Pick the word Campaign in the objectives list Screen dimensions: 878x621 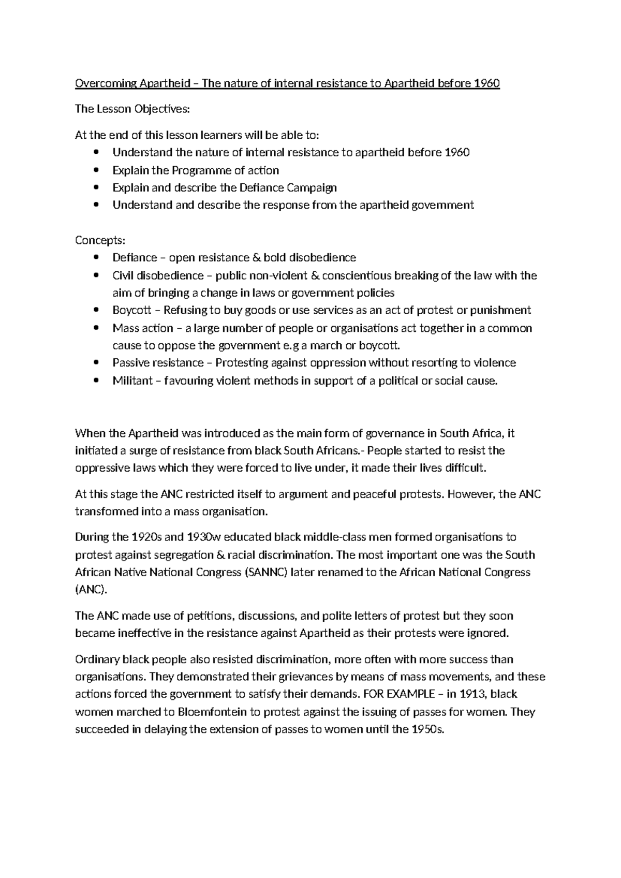coord(312,187)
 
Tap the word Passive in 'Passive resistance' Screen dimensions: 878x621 coord(130,362)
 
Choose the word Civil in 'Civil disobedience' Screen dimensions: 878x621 coord(123,275)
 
